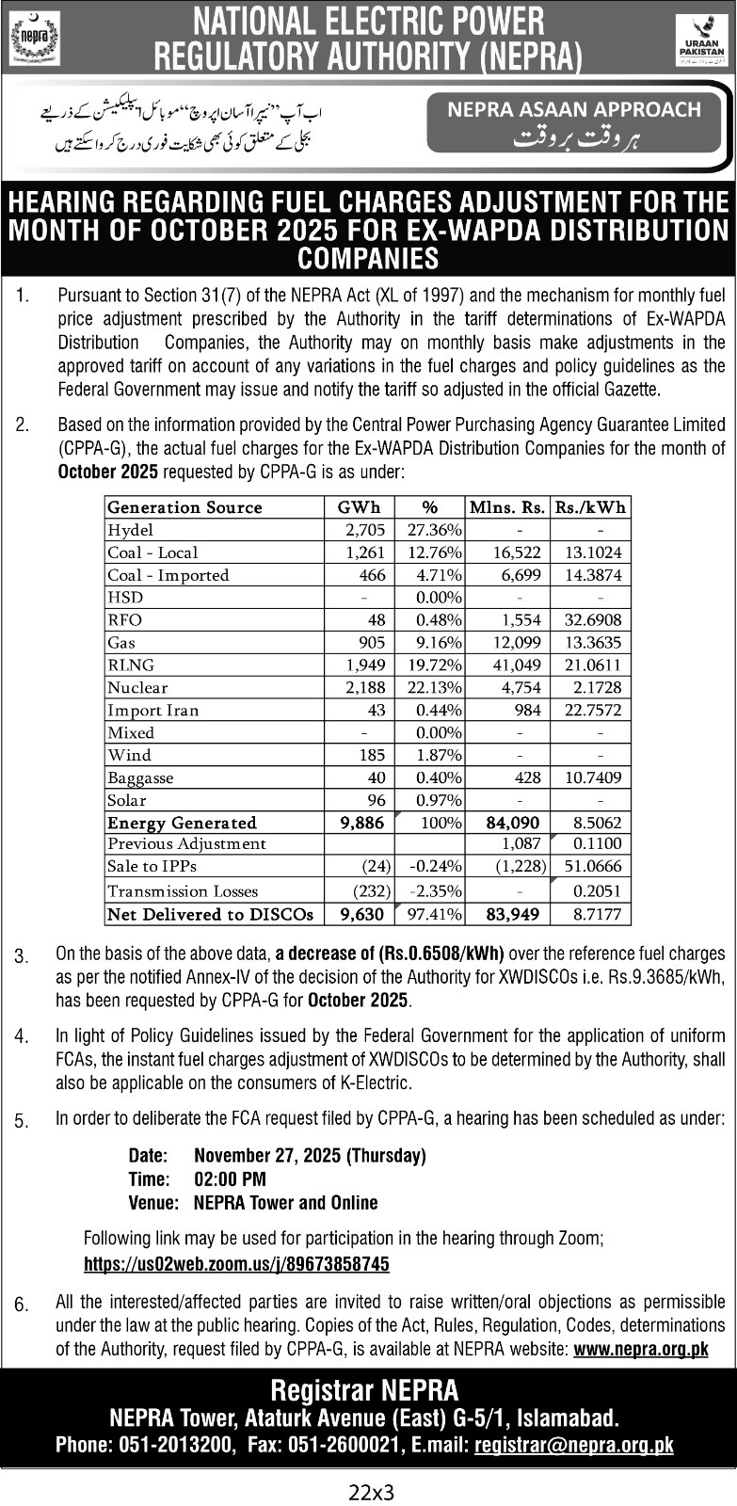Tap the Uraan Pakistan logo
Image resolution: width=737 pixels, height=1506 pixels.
click(x=699, y=40)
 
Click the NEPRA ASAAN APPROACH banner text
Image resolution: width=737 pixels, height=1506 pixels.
click(x=574, y=109)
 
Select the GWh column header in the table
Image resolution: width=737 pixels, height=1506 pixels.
click(x=359, y=507)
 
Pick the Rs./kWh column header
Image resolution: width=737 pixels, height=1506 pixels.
click(x=590, y=507)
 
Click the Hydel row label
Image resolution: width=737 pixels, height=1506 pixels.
click(x=131, y=530)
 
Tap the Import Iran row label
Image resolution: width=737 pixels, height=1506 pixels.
click(x=153, y=711)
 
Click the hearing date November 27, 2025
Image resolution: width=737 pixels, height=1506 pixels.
click(x=310, y=1155)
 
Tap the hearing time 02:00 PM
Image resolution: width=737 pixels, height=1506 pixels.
click(x=230, y=1178)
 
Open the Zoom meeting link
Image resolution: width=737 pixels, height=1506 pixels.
click(x=236, y=1264)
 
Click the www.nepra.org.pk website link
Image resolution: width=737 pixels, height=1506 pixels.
click(x=640, y=1349)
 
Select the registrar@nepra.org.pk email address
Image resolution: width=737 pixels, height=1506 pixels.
click(x=574, y=1445)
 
